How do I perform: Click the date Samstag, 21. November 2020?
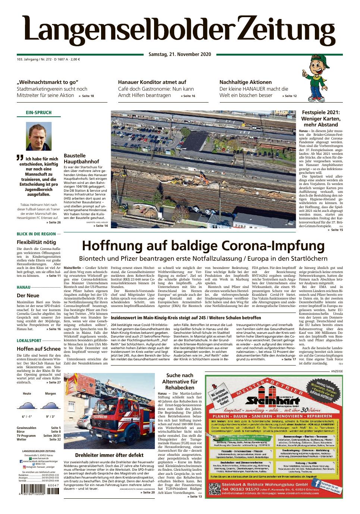tap(180, 54)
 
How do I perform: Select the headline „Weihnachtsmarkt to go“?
tap(47, 82)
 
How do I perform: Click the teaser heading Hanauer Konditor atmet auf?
tap(152, 82)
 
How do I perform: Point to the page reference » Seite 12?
tap(289, 96)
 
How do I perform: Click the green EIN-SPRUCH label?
tap(38, 113)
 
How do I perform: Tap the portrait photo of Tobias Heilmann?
tap(38, 137)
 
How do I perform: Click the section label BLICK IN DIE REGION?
tap(36, 234)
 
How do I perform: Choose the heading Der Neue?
tap(28, 295)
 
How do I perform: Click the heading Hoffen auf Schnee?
tap(38, 349)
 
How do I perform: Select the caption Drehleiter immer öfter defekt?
tap(109, 455)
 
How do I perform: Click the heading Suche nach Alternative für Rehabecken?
tap(180, 382)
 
